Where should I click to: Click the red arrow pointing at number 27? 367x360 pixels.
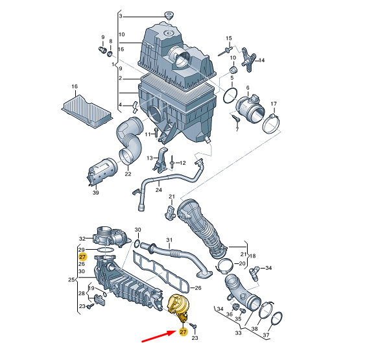pos(159,336)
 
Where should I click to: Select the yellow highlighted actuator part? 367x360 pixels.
pos(178,307)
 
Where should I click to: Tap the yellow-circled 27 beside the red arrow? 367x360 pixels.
pos(183,332)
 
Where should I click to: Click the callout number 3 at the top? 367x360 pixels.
pos(121,16)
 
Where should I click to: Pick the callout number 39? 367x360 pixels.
pos(96,193)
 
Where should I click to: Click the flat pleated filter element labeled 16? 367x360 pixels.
pos(87,111)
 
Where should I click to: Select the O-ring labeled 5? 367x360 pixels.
pos(230,95)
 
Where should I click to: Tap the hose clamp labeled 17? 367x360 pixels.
pos(271,123)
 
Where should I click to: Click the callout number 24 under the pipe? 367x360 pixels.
pos(159,190)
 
